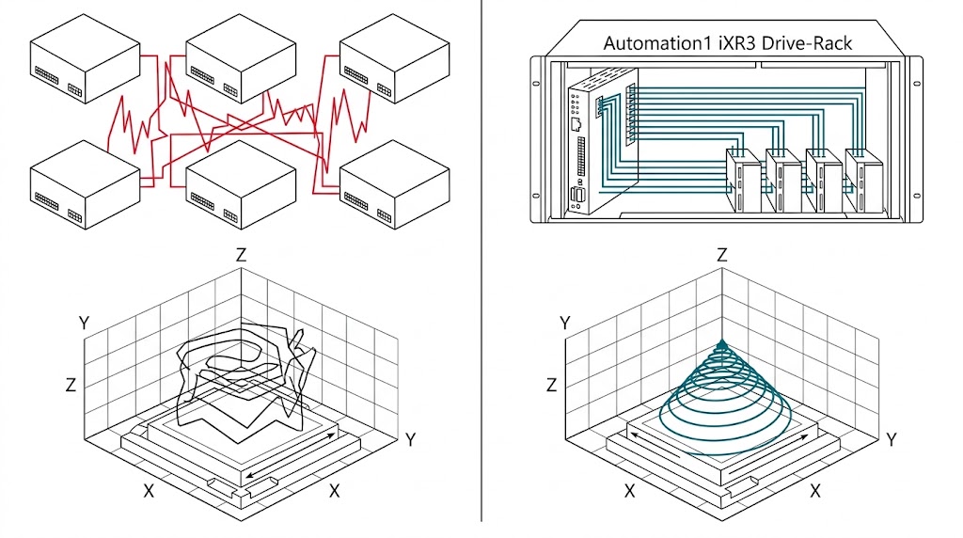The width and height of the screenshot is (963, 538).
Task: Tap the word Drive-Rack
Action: (x=798, y=42)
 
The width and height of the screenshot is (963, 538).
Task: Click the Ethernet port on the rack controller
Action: (x=575, y=122)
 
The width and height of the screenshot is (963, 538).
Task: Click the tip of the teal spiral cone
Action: (x=722, y=344)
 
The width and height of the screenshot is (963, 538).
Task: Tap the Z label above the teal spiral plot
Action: (x=722, y=256)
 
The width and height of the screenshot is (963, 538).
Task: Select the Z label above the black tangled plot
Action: (x=242, y=256)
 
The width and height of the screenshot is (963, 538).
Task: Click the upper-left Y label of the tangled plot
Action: (x=84, y=323)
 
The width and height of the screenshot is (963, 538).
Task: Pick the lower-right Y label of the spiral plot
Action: (x=892, y=438)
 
